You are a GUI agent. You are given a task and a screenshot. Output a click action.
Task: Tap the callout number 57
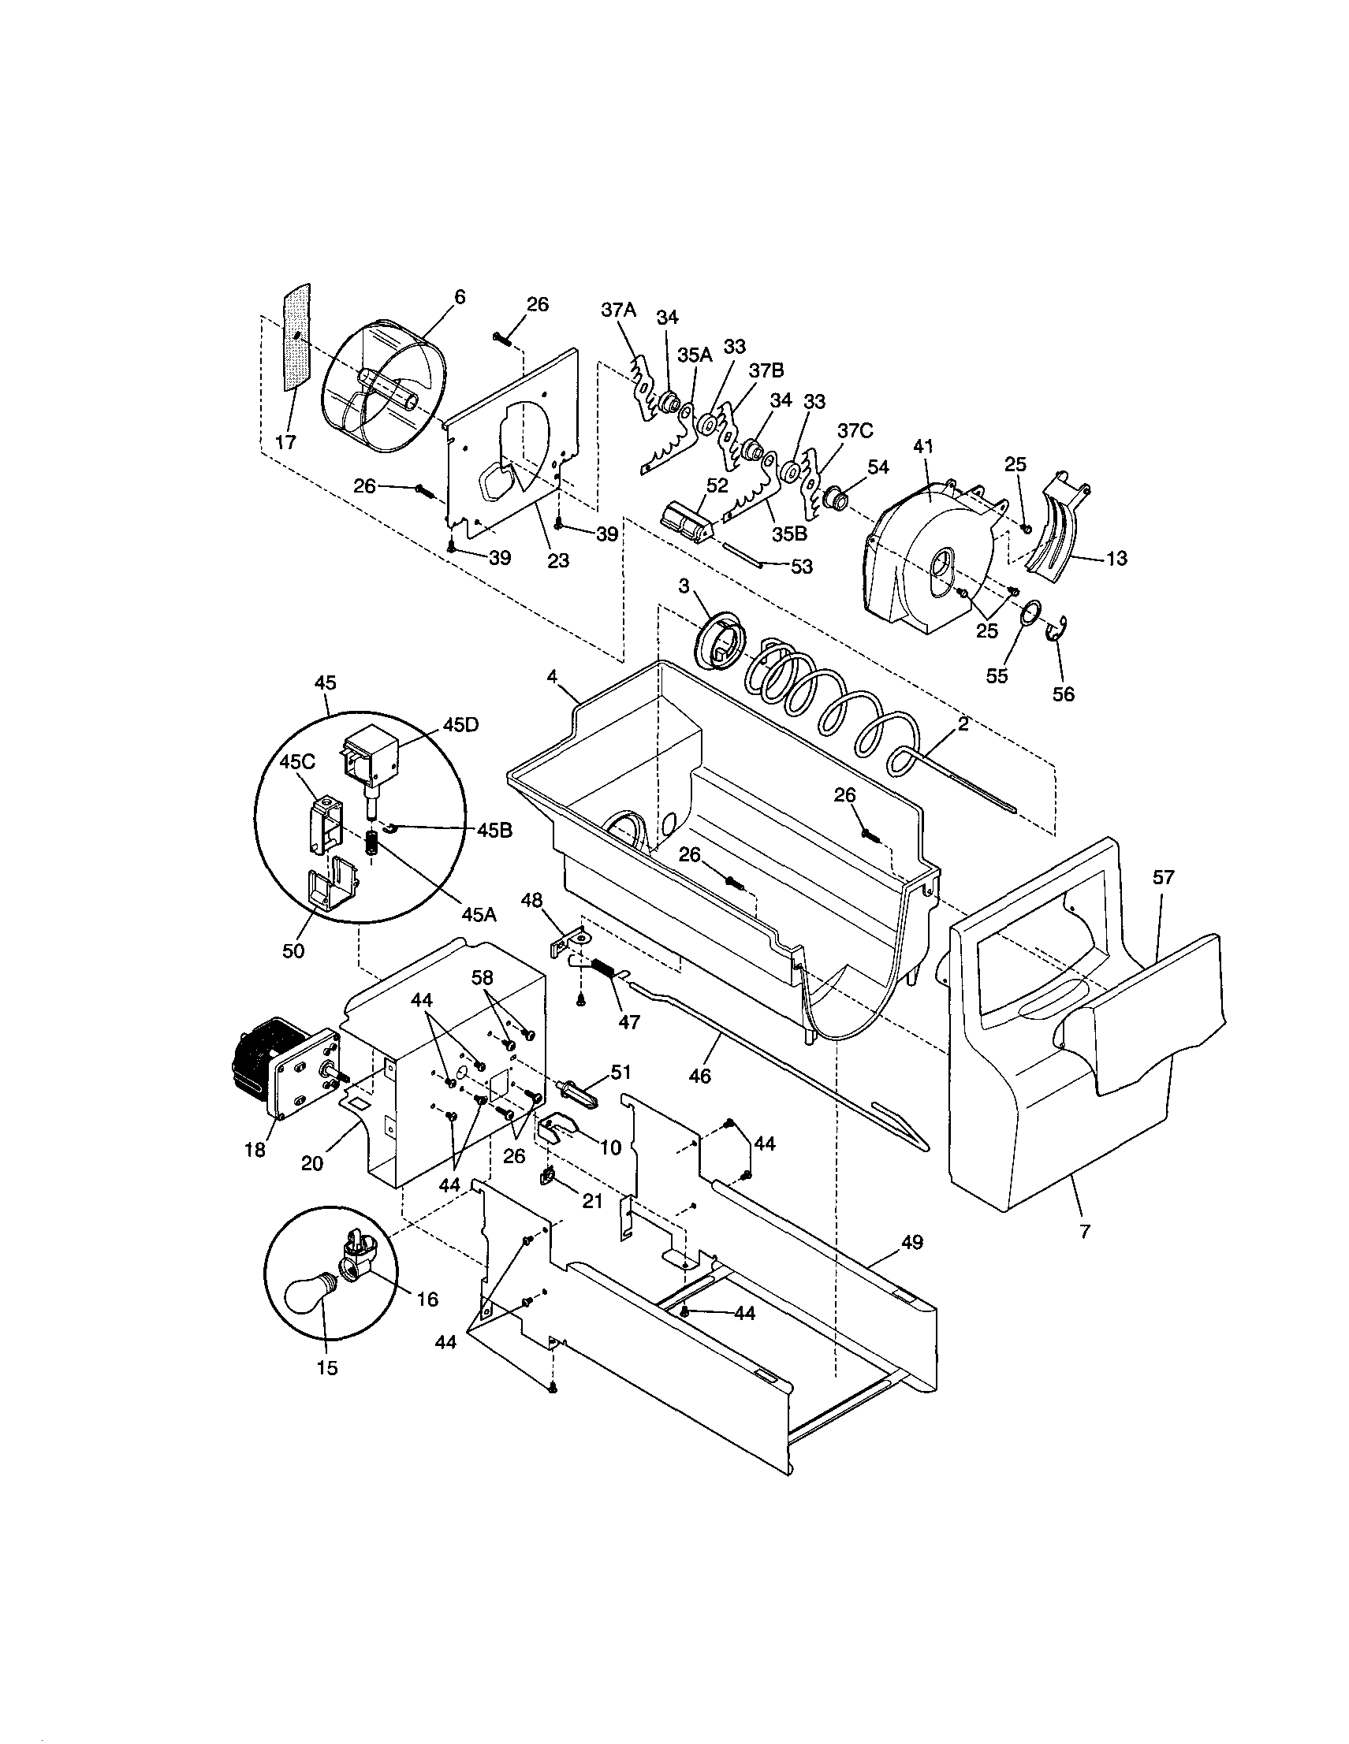[1163, 878]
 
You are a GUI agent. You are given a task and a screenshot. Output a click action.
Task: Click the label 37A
[618, 310]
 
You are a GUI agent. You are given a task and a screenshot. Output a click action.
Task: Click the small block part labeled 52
[685, 523]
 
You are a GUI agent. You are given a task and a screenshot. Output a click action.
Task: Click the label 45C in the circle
[296, 762]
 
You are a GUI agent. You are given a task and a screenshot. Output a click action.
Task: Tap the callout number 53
[801, 566]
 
